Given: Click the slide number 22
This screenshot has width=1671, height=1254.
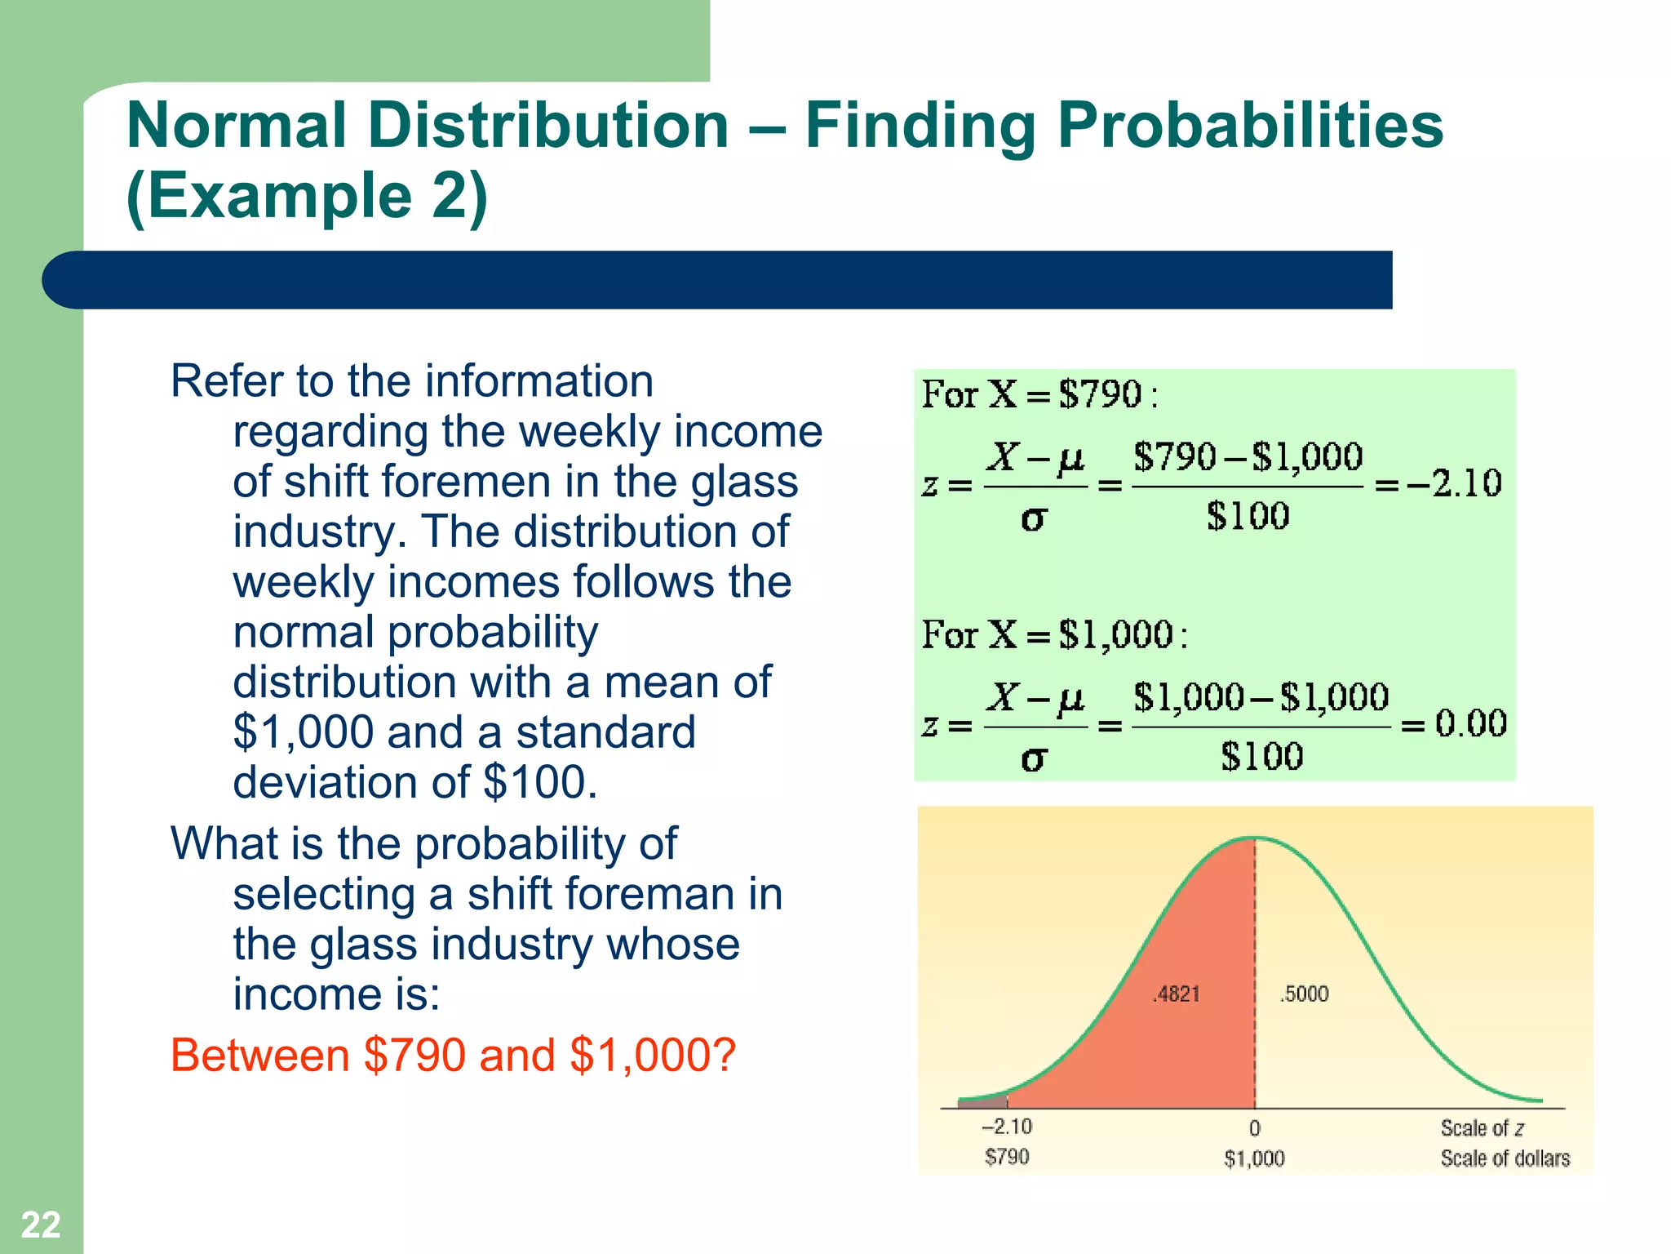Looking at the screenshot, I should (x=40, y=1225).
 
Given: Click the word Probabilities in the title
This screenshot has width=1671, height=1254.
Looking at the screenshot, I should (x=1250, y=127).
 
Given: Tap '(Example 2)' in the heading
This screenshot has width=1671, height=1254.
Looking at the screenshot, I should (x=308, y=197).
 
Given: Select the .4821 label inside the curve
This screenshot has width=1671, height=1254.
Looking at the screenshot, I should (x=1177, y=994).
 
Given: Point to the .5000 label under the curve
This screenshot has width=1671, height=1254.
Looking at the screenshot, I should (x=1305, y=994).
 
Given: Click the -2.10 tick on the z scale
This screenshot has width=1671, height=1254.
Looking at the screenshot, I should (x=1007, y=1127).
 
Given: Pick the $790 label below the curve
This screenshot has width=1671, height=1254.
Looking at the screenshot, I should (x=1007, y=1157).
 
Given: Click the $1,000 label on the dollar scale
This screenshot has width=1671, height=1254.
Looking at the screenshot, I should (x=1254, y=1158).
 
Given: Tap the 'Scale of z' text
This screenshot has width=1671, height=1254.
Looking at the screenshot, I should (x=1482, y=1128).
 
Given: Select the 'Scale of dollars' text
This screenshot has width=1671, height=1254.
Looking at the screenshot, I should (x=1505, y=1158).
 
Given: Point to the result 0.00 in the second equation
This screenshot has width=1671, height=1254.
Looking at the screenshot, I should (x=1470, y=723).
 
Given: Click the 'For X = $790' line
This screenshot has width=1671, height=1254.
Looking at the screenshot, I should (x=1039, y=395).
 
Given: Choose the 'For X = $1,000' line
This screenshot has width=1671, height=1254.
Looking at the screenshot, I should (x=1053, y=634).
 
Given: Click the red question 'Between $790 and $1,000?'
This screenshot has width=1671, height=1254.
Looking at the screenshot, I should (x=453, y=1055).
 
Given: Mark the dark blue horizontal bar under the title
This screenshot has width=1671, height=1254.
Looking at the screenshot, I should (x=718, y=280).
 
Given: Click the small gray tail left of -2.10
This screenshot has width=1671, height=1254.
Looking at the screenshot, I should (x=982, y=1102).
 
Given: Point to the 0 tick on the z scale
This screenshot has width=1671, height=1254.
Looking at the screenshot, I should (x=1255, y=1128).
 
